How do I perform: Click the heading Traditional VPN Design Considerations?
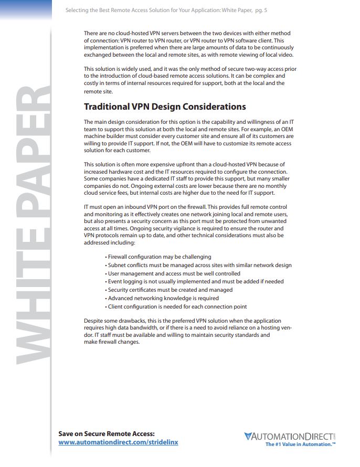pyautogui.click(x=165, y=107)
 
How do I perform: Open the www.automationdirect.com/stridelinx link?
pyautogui.click(x=118, y=442)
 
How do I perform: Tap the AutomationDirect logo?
pyautogui.click(x=289, y=436)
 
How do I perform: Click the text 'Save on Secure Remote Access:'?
pyautogui.click(x=107, y=433)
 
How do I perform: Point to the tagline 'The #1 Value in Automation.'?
pyautogui.click(x=300, y=444)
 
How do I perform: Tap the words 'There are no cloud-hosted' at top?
pyautogui.click(x=117, y=33)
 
